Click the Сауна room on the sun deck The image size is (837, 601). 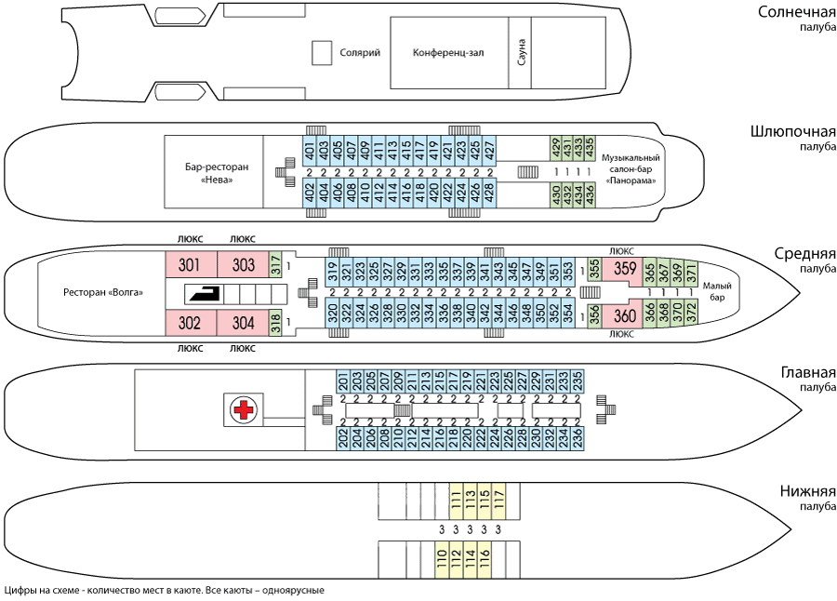tap(520, 52)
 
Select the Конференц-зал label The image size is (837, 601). tap(448, 53)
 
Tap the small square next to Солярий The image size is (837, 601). tap(322, 53)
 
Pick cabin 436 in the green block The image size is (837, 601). tap(590, 194)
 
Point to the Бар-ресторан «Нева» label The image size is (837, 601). tap(217, 173)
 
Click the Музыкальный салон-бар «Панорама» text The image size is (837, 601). tap(631, 168)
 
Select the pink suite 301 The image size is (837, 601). tap(190, 264)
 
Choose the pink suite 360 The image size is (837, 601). tap(624, 315)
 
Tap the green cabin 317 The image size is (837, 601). tap(275, 264)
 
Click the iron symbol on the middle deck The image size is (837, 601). tap(204, 294)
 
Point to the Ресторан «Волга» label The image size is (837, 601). tap(103, 292)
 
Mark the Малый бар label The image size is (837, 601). tap(717, 291)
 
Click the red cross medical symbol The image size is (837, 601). tap(244, 410)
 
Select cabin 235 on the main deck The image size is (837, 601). tap(577, 382)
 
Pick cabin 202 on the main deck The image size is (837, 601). tap(342, 438)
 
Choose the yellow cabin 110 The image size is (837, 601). tap(442, 559)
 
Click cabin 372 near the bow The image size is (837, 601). tap(691, 312)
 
